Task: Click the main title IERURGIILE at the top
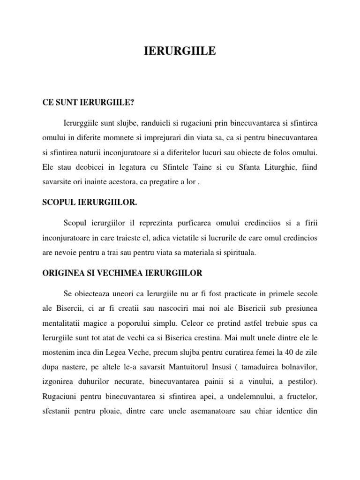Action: pos(180,52)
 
